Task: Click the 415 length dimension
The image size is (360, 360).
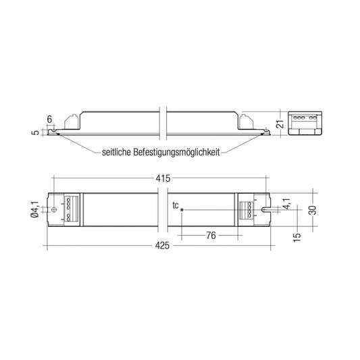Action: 163,178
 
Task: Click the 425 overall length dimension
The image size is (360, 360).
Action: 162,246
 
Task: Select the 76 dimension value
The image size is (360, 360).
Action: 211,235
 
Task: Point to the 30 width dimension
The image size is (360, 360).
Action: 313,210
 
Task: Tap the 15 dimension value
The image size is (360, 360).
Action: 297,237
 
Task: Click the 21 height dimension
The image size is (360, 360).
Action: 280,124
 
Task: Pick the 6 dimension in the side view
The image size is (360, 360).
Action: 49,120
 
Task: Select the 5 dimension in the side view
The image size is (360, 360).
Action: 36,132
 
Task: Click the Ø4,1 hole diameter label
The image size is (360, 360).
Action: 34,209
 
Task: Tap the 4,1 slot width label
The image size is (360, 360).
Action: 286,204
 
